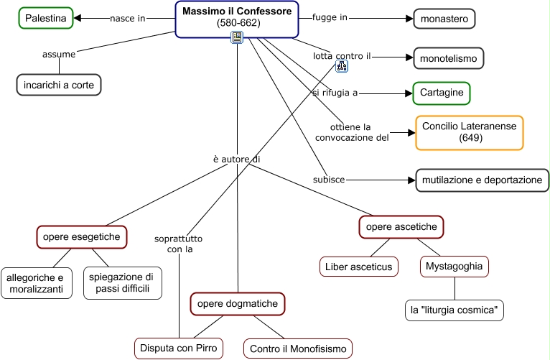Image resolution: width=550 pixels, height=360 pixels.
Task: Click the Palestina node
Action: click(x=46, y=18)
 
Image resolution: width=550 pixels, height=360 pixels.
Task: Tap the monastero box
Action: click(x=444, y=19)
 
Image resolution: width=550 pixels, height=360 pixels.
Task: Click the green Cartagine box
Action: click(x=442, y=93)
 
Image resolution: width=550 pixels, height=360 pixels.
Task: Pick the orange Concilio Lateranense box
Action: click(x=469, y=132)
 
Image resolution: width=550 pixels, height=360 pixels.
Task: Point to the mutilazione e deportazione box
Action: click(x=482, y=180)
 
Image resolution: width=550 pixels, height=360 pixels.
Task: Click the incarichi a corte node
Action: click(x=60, y=85)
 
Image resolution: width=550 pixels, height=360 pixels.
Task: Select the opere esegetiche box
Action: click(x=82, y=236)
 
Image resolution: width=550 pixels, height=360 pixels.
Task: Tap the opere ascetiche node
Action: click(x=401, y=227)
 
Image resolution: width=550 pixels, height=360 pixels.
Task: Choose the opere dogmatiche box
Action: click(x=238, y=304)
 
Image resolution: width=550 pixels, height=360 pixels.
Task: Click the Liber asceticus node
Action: click(x=359, y=267)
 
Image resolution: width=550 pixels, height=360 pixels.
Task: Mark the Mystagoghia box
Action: click(x=455, y=267)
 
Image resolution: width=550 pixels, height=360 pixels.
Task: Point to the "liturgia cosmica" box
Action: click(x=455, y=310)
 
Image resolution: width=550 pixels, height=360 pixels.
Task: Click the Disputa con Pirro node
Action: click(x=179, y=349)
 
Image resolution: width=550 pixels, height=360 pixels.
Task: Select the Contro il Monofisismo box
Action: click(x=298, y=349)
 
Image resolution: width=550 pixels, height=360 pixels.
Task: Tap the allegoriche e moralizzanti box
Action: click(x=36, y=283)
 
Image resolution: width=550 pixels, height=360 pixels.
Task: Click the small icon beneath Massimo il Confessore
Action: click(x=236, y=38)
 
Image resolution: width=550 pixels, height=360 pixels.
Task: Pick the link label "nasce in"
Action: click(x=128, y=18)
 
